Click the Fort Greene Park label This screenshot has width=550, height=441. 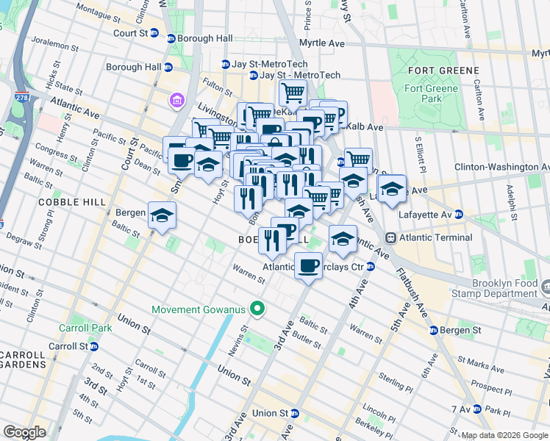click(432, 93)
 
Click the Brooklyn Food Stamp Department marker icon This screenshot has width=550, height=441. click(545, 284)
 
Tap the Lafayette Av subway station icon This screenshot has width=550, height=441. click(459, 215)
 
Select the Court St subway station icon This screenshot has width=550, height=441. click(171, 38)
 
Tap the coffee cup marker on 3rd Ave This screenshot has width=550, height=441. click(308, 265)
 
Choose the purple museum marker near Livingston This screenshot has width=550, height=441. click(177, 99)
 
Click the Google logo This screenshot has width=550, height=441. click(24, 432)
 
